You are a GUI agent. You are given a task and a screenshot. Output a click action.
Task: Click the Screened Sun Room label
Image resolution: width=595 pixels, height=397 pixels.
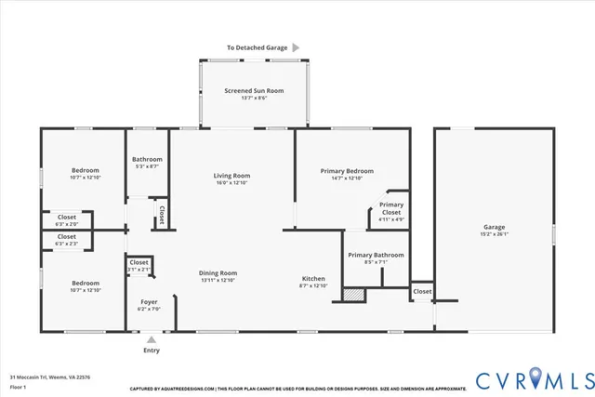(254, 90)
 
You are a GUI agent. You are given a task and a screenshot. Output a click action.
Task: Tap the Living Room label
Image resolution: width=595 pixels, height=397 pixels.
(231, 175)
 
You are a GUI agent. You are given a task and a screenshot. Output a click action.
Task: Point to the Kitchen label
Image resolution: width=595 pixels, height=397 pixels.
(312, 279)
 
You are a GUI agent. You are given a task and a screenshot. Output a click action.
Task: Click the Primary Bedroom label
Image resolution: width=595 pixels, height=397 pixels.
(347, 171)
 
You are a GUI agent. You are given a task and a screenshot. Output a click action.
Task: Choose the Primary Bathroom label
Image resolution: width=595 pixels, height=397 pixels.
(376, 255)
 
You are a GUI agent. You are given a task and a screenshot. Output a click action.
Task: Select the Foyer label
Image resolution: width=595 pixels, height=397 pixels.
(149, 302)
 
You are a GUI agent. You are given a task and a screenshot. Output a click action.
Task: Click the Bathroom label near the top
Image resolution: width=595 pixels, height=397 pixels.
(147, 159)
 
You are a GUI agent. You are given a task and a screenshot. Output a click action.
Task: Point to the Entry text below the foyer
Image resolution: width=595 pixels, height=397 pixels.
(151, 351)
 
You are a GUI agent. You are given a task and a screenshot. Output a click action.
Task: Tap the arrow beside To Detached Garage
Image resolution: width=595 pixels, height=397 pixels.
(296, 46)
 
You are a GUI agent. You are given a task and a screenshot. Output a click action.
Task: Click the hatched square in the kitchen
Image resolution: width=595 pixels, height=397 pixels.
(352, 294)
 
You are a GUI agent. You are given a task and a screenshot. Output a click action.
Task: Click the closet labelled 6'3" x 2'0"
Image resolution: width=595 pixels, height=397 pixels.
(67, 220)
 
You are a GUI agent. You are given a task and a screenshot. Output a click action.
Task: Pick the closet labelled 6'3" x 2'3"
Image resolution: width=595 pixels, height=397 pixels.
(67, 241)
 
